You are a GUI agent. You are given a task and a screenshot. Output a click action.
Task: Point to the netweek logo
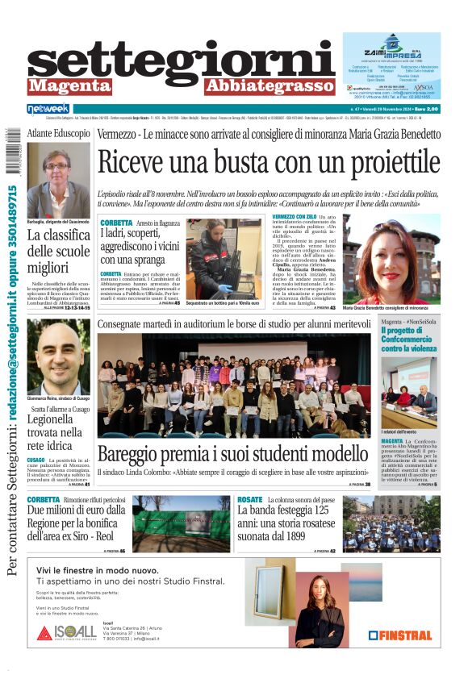[48, 108]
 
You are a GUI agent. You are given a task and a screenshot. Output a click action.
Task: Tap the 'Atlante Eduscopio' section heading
[59, 132]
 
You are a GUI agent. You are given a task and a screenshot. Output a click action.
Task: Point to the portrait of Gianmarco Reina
[58, 356]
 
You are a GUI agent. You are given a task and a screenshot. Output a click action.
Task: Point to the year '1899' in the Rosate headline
[313, 534]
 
